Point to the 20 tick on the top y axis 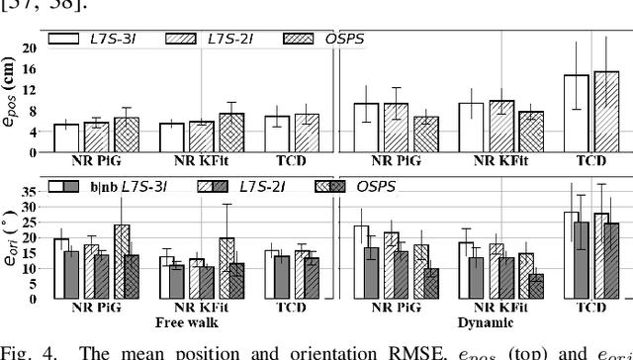pyautogui.click(x=30, y=46)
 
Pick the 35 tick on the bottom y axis pyautogui.click(x=30, y=191)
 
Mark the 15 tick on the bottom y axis pyautogui.click(x=30, y=251)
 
